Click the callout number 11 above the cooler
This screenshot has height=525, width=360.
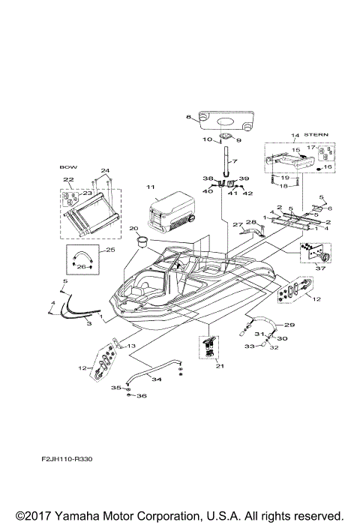pyautogui.click(x=150, y=185)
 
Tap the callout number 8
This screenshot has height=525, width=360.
pyautogui.click(x=189, y=118)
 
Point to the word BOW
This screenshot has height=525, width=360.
pyautogui.click(x=67, y=168)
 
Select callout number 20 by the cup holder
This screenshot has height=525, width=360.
pyautogui.click(x=133, y=229)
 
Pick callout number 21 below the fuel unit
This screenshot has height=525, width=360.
pyautogui.click(x=219, y=366)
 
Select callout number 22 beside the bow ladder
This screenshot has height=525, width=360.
pyautogui.click(x=67, y=181)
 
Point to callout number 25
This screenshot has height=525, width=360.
pyautogui.click(x=109, y=249)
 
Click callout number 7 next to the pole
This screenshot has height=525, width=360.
pyautogui.click(x=234, y=162)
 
